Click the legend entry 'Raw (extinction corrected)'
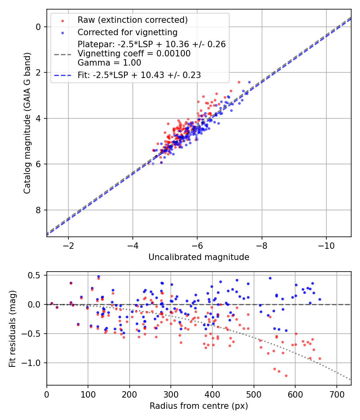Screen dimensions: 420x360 click(x=133, y=20)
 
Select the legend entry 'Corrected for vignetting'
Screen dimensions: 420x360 click(x=128, y=32)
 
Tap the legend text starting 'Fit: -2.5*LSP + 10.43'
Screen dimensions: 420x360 click(x=139, y=75)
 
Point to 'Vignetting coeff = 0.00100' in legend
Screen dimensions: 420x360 click(x=134, y=53)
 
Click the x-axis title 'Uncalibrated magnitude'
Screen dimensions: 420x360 click(x=199, y=257)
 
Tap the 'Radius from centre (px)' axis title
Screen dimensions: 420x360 click(x=199, y=406)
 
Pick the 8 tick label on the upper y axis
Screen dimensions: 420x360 click(x=38, y=210)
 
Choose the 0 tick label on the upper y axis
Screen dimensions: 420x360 click(x=38, y=27)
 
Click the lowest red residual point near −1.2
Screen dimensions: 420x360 click(x=286, y=376)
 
